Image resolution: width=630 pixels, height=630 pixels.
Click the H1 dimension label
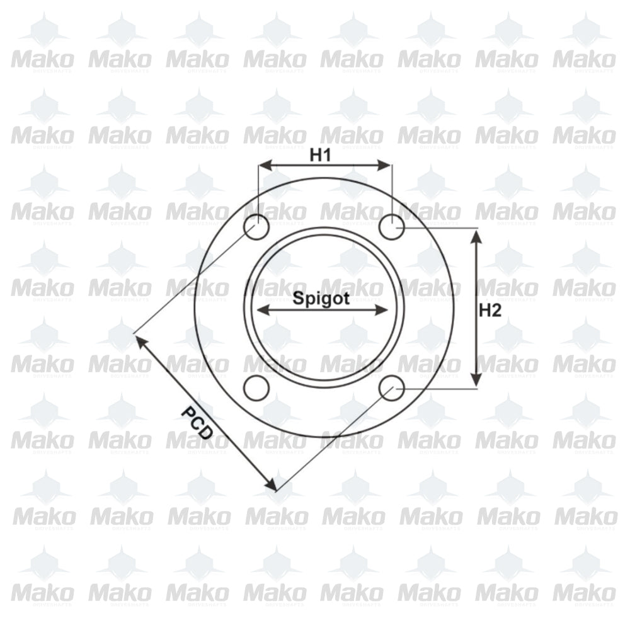[320, 155]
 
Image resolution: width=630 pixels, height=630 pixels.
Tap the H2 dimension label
[490, 310]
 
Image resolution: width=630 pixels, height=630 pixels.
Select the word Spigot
[321, 299]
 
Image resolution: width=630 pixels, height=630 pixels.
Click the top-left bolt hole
[256, 227]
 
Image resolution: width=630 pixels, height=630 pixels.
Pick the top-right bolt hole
[392, 227]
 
